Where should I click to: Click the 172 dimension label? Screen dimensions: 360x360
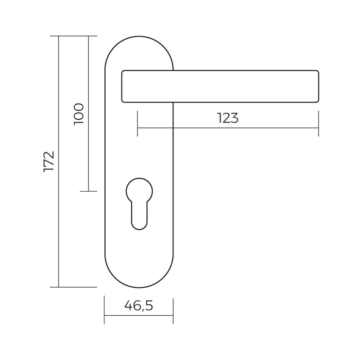pos(49,161)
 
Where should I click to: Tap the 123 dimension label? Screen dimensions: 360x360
pos(228,118)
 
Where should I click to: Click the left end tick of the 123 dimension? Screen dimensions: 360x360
pos(137,124)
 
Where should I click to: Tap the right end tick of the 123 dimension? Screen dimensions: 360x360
pos(318,124)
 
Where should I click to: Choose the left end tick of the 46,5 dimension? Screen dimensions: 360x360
pos(104,310)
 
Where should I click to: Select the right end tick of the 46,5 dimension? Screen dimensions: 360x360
pos(173,310)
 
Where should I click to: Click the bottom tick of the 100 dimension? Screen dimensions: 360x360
pos(88,191)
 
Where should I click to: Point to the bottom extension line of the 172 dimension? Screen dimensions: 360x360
pos(73,287)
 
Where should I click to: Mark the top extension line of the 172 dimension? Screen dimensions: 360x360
pos(73,36)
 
